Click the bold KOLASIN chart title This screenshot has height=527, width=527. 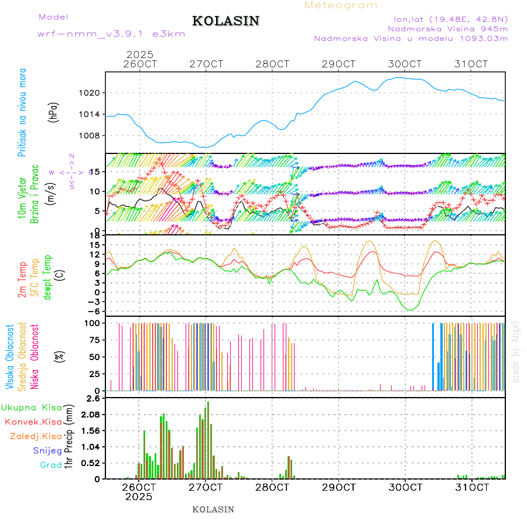click(225, 21)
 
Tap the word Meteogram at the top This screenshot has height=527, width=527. click(341, 5)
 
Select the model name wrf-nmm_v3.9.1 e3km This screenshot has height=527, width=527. click(111, 34)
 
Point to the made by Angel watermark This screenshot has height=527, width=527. click(515, 351)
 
